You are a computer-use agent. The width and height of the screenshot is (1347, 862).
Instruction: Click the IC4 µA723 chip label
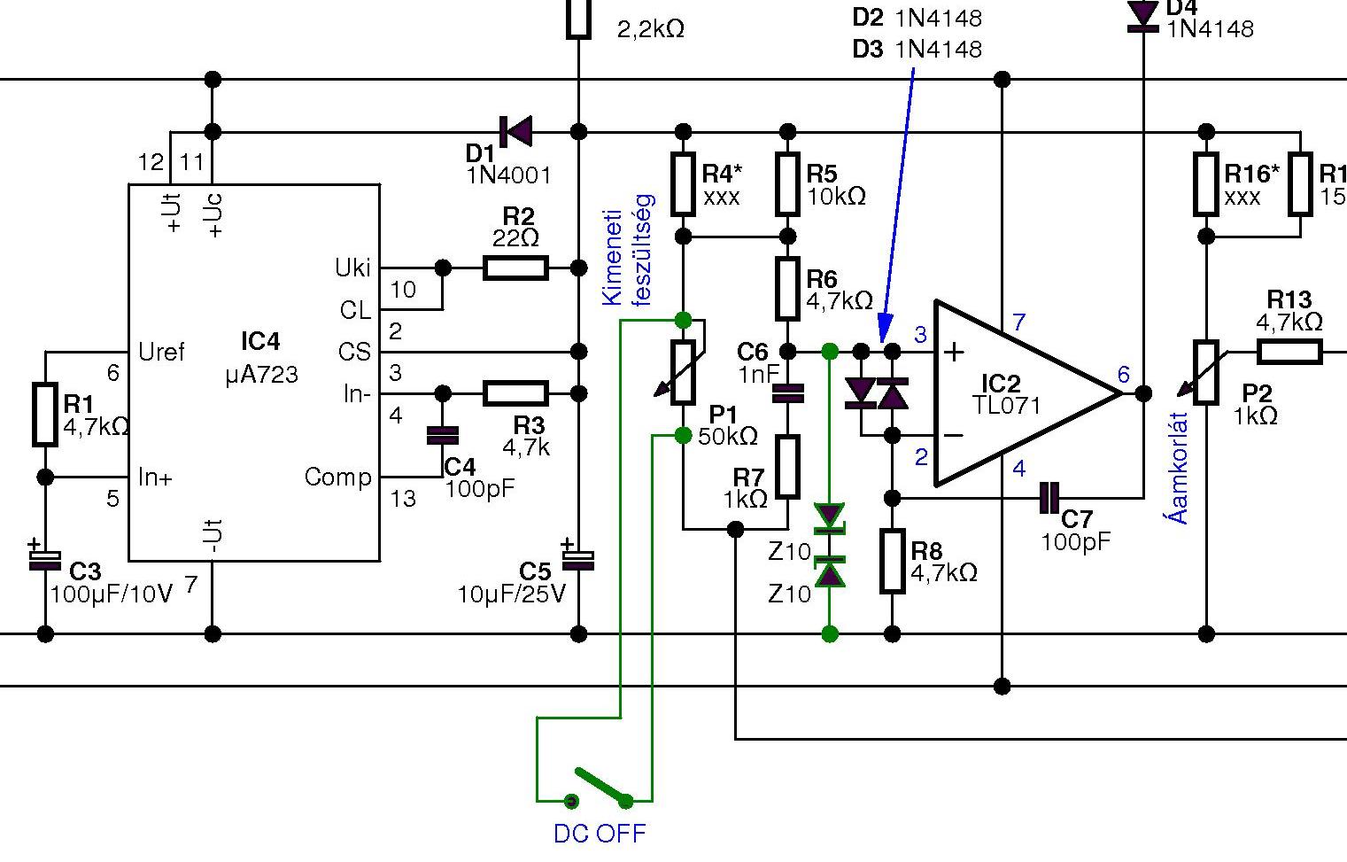pyautogui.click(x=261, y=357)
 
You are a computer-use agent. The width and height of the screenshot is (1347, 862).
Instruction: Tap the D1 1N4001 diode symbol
pyautogui.click(x=515, y=131)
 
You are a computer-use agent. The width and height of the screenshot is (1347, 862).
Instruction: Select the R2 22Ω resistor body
pyautogui.click(x=515, y=268)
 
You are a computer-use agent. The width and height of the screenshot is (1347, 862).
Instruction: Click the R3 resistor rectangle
pyautogui.click(x=515, y=393)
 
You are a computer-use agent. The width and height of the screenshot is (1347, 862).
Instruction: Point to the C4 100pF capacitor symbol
pyautogui.click(x=443, y=436)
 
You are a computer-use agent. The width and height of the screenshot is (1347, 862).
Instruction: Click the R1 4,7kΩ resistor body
pyautogui.click(x=45, y=415)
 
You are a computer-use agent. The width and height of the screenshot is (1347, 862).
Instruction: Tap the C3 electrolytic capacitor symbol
pyautogui.click(x=44, y=561)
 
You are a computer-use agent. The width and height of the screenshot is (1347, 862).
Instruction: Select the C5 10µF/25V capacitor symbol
pyautogui.click(x=578, y=561)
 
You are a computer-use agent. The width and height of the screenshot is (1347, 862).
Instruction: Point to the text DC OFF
pyautogui.click(x=600, y=834)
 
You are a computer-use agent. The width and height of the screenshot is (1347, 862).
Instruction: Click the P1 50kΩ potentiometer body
pyautogui.click(x=683, y=372)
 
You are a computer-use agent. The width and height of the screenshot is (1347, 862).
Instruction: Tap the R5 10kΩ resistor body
pyautogui.click(x=788, y=184)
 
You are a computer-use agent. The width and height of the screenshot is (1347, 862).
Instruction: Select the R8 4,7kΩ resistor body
pyautogui.click(x=893, y=562)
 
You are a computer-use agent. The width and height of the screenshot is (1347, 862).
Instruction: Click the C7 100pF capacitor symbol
pyautogui.click(x=1049, y=498)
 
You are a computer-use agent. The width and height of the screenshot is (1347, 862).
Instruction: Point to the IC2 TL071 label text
pyautogui.click(x=1006, y=394)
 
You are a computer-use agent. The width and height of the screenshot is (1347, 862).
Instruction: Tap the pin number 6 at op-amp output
pyautogui.click(x=1123, y=374)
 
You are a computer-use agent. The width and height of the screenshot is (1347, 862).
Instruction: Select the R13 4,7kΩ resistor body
pyautogui.click(x=1289, y=352)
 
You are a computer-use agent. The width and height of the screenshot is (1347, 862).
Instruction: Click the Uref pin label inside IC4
pyautogui.click(x=161, y=352)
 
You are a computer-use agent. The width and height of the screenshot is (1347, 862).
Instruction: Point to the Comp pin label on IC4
pyautogui.click(x=338, y=477)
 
